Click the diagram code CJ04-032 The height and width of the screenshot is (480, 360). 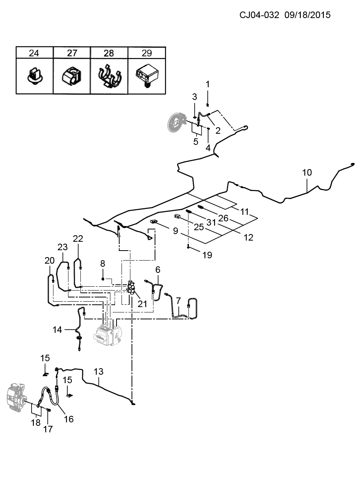pos(259,15)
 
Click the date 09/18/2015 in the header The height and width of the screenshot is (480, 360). pos(307,15)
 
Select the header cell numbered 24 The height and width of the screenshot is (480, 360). pos(34,53)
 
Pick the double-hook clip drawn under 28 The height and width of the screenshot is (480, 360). pos(109,76)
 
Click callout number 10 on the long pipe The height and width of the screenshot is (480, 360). pos(307,173)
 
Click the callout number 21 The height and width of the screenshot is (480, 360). pos(142,304)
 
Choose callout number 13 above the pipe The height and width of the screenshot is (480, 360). pos(98,371)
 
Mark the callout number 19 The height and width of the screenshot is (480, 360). pos(207,255)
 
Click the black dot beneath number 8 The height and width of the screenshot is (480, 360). pos(102,279)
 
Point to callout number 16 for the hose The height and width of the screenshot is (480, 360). pos(69,419)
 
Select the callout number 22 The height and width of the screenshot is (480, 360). pos(78,238)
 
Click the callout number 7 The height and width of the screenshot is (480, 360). pos(178,301)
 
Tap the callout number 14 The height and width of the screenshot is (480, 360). pos(57,330)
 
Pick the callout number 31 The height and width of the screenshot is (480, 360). pos(211,223)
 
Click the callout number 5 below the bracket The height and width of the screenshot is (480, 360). pos(196,142)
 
